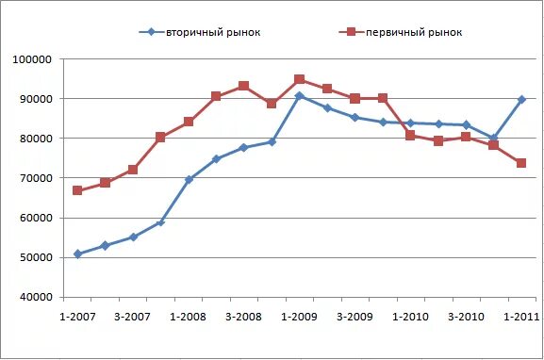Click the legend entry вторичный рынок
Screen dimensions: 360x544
click(213, 32)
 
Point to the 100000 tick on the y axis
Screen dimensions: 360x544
click(33, 59)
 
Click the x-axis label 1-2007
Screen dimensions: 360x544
click(76, 316)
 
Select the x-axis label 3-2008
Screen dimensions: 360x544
click(243, 316)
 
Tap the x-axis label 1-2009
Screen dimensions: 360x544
click(299, 316)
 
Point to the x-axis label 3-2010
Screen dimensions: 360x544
click(466, 316)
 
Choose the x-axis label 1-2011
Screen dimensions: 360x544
click(521, 316)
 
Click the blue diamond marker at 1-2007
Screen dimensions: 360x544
click(77, 254)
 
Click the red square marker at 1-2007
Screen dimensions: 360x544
click(77, 190)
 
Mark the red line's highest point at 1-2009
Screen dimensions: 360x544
click(299, 79)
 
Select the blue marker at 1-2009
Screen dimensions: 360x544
click(299, 96)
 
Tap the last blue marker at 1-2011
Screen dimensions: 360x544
click(521, 99)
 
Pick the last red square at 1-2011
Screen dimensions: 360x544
click(521, 163)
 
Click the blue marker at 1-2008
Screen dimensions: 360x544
click(189, 179)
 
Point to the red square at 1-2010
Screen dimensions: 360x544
click(410, 136)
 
